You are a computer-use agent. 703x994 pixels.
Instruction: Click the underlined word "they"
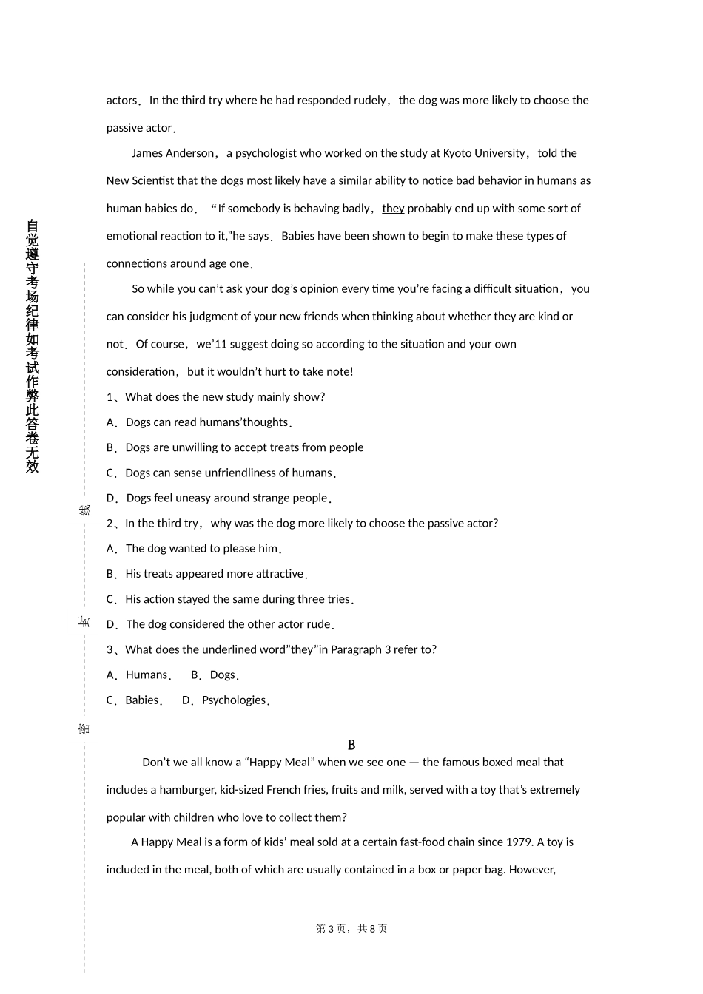click(393, 209)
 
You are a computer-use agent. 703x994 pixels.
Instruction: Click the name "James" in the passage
click(148, 153)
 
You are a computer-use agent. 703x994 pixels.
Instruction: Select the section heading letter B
click(351, 745)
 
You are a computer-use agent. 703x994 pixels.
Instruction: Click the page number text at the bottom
click(351, 929)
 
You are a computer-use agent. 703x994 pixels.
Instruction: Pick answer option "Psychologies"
click(233, 700)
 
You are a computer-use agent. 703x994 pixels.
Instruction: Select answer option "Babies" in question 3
click(142, 700)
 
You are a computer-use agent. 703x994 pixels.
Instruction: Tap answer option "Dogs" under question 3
click(222, 674)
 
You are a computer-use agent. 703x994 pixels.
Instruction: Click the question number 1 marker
click(110, 397)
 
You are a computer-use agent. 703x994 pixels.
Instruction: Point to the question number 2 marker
click(110, 524)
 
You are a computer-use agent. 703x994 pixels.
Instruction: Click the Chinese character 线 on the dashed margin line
click(85, 510)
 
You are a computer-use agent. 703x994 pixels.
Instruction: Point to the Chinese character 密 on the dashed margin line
click(85, 728)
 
